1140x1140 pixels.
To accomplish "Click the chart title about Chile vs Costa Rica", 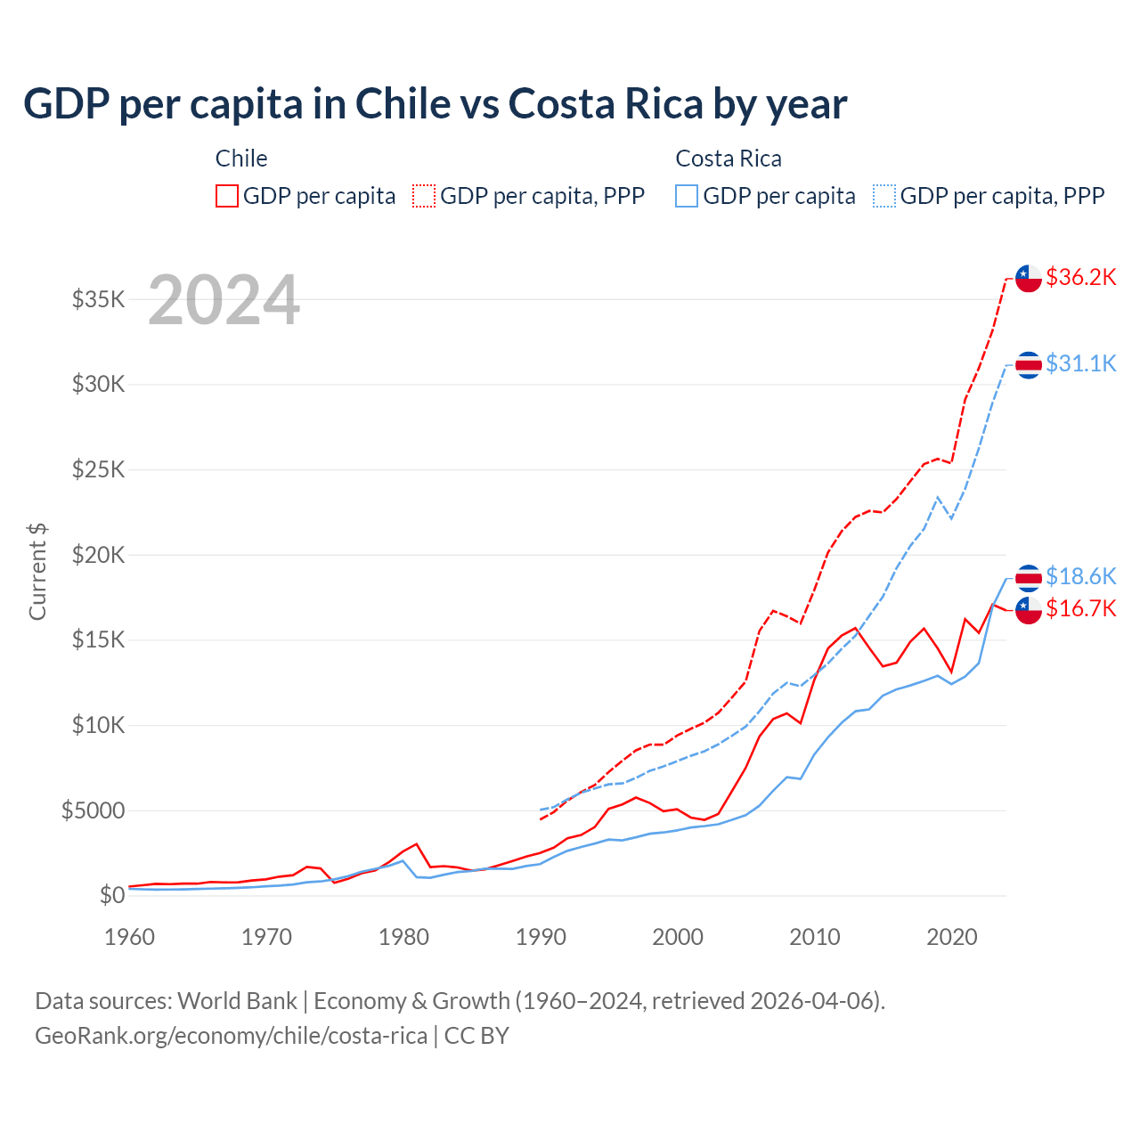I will [x=435, y=104].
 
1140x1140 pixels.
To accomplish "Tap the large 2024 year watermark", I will [x=224, y=300].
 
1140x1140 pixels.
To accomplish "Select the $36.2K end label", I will [x=1080, y=277].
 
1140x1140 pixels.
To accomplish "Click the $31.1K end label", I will [x=1080, y=363].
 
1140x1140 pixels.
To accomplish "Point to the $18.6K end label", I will [x=1080, y=576].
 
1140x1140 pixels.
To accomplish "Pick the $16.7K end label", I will [x=1080, y=608].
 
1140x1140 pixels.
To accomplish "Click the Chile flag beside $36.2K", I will [x=1029, y=278].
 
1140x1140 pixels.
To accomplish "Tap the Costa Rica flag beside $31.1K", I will [x=1029, y=364].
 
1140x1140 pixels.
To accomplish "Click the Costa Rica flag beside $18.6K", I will [x=1029, y=577].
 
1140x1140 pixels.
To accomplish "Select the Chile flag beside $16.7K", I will [x=1029, y=610].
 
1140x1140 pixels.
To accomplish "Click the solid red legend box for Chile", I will [x=227, y=196].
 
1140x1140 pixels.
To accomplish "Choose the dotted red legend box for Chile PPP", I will [x=425, y=196].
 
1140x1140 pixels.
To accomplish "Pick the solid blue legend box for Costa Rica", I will [x=687, y=196].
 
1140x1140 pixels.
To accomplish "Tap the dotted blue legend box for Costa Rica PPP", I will [x=884, y=196].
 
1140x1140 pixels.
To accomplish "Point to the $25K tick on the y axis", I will [x=98, y=469].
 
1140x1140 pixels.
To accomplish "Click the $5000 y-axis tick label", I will [x=93, y=810].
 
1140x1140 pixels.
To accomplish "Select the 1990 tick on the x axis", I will [x=541, y=937].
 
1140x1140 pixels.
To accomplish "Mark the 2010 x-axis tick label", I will [x=815, y=937].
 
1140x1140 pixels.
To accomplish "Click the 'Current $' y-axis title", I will [x=37, y=571].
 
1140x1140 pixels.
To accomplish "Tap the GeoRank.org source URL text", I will [x=231, y=1036].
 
